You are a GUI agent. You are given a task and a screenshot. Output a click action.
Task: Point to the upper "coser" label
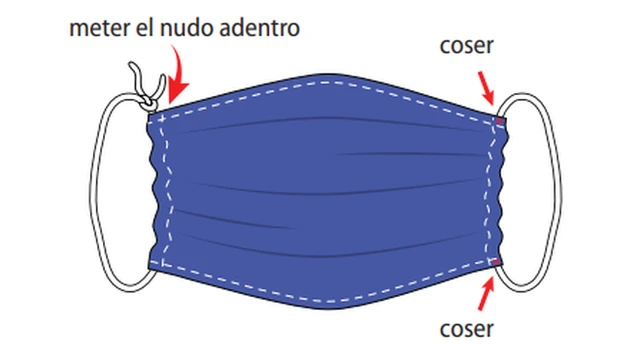pos(467,47)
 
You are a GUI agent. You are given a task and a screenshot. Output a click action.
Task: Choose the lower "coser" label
pos(467,328)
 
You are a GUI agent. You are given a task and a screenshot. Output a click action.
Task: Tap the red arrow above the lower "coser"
pos(487,292)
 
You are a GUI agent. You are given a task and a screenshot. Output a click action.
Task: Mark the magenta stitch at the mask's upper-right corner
pos(499,122)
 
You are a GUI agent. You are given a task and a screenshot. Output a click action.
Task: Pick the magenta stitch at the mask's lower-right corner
pos(499,262)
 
